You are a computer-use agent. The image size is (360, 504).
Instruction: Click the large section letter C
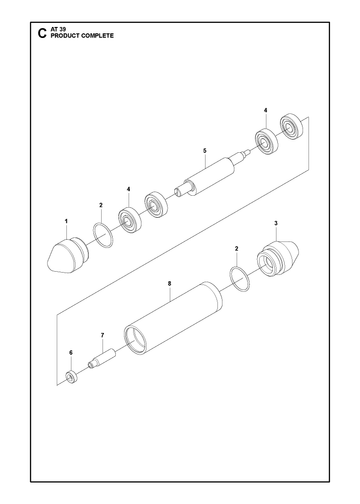41,33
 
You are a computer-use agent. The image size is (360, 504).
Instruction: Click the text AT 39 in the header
58,30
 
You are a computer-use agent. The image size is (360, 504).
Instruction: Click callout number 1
66,221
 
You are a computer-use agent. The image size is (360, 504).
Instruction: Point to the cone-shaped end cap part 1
67,254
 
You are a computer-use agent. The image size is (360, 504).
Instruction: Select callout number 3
276,223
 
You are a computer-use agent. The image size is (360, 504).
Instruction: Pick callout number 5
205,151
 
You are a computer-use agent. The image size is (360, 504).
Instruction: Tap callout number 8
169,283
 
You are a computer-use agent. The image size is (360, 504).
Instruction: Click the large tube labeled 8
173,317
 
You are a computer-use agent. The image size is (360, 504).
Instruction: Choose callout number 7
102,335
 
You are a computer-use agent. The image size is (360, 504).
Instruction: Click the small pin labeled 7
101,359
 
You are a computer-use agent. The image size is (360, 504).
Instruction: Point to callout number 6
71,352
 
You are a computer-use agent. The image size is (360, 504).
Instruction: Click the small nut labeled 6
71,377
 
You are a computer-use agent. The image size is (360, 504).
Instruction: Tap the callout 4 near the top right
265,110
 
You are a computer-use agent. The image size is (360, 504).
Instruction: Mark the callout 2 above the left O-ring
101,205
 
